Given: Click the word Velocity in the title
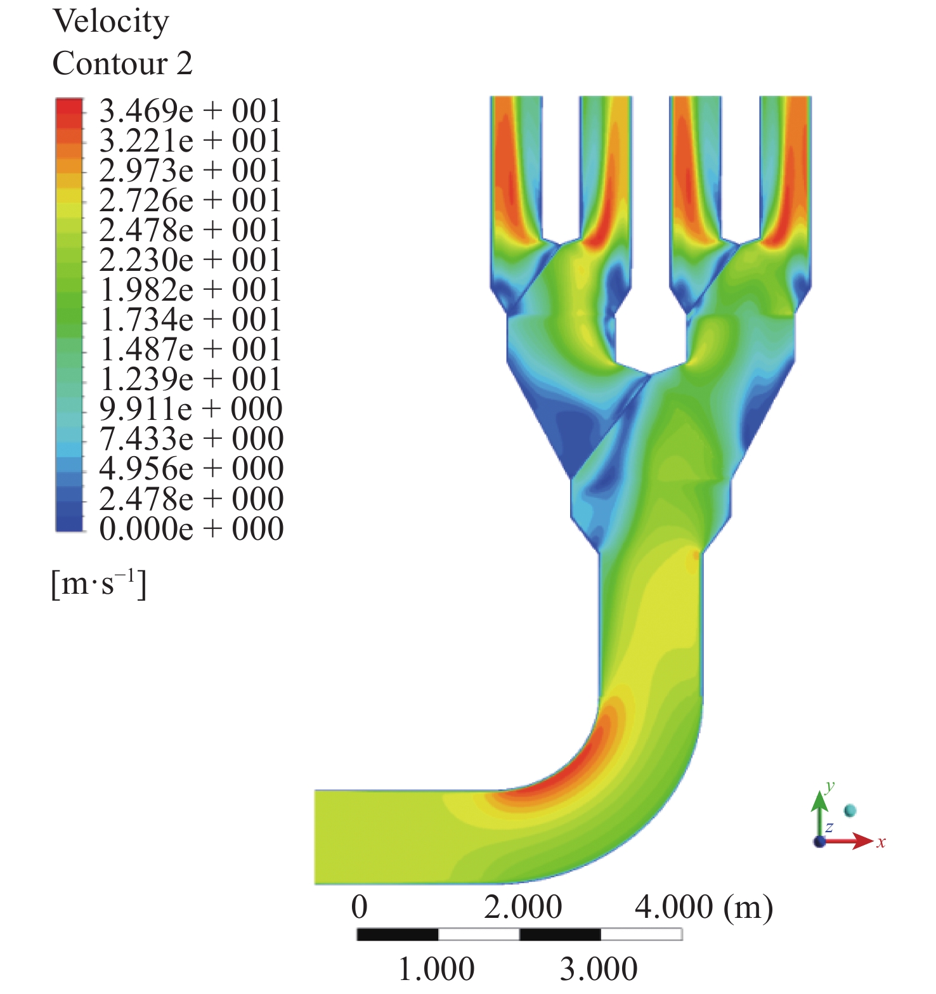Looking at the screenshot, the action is point(111,22).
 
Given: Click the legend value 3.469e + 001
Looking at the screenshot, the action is point(190,111).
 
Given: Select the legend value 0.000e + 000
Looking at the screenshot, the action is point(191,528).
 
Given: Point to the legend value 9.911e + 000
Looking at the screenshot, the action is point(191,409).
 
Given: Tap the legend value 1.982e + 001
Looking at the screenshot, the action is point(190,290).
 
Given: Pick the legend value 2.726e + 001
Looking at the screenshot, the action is point(190,200).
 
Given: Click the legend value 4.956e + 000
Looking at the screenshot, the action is point(191,469).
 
